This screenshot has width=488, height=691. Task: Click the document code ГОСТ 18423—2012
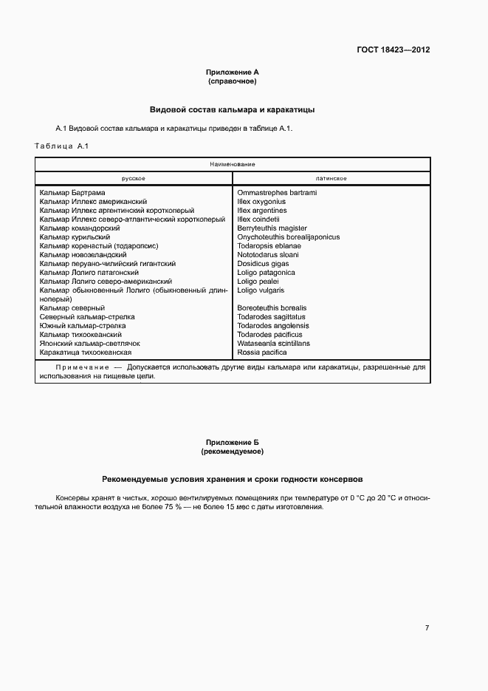394,50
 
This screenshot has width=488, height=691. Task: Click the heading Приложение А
232,72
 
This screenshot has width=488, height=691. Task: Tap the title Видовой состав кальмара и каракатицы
232,109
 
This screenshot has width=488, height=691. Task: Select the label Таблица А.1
61,146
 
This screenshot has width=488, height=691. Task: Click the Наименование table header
232,164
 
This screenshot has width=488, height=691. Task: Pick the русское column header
134,178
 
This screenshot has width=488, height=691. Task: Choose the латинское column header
331,178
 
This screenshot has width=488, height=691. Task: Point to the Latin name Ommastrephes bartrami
277,193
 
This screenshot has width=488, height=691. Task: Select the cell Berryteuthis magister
272,228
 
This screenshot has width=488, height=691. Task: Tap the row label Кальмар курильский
75,237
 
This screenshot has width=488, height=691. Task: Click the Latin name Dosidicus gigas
263,264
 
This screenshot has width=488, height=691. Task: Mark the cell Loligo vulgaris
261,290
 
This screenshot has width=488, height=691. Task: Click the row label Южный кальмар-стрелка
83,326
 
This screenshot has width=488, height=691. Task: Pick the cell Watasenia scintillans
273,344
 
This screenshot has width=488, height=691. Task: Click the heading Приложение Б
232,442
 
